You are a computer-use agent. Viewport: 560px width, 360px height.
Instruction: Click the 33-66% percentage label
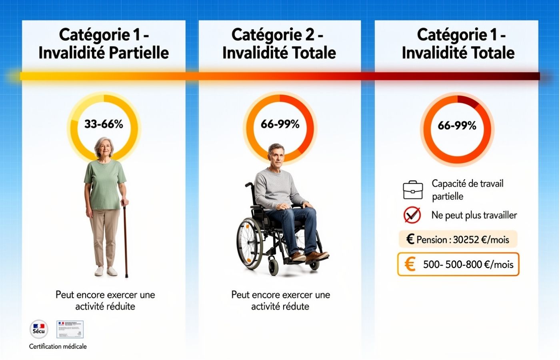pyautogui.click(x=104, y=124)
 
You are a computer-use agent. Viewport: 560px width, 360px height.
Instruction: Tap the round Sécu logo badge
pyautogui.click(x=39, y=329)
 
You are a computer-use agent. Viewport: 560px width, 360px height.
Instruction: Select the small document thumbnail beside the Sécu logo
pyautogui.click(x=70, y=329)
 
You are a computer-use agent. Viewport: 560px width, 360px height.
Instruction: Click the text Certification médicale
pyautogui.click(x=58, y=346)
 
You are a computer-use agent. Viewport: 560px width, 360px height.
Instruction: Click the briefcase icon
pyautogui.click(x=413, y=190)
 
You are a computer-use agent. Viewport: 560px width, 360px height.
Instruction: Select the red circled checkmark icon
pyautogui.click(x=412, y=215)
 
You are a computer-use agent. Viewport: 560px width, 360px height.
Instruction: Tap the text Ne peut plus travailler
pyautogui.click(x=474, y=215)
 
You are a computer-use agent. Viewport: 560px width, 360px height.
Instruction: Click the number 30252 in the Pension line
pyautogui.click(x=466, y=240)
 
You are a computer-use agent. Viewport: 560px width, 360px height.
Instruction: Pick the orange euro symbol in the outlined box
pyautogui.click(x=410, y=264)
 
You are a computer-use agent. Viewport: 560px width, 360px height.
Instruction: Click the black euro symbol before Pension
pyautogui.click(x=410, y=239)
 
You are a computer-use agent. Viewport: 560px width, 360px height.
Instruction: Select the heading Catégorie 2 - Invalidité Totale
pyautogui.click(x=279, y=44)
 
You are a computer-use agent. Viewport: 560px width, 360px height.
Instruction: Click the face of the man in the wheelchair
pyautogui.click(x=276, y=156)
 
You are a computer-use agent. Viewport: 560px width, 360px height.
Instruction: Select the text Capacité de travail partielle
pyautogui.click(x=467, y=190)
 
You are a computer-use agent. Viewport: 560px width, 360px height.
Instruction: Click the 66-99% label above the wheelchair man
pyautogui.click(x=280, y=124)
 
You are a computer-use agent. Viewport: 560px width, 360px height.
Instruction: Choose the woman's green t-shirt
pyautogui.click(x=105, y=184)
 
